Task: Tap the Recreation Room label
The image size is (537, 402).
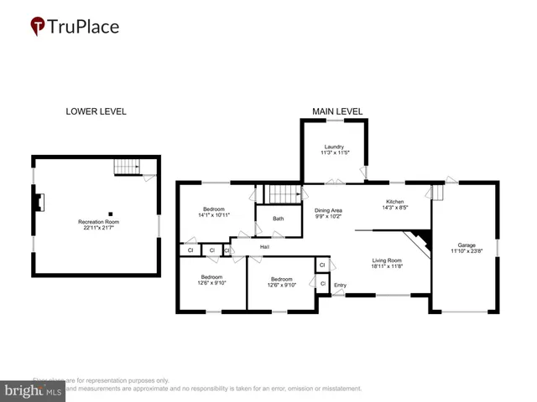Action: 96,222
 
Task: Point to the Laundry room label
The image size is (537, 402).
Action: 333,147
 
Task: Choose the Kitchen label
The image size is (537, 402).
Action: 395,202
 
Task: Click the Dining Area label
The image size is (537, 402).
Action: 328,210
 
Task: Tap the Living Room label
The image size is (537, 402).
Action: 388,260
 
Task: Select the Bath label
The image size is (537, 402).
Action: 278,219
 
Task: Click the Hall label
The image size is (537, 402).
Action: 264,247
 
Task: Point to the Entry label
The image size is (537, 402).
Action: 340,286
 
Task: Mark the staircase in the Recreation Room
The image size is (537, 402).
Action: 127,167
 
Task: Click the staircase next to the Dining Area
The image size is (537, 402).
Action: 283,194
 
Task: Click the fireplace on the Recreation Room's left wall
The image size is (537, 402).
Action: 39,201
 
